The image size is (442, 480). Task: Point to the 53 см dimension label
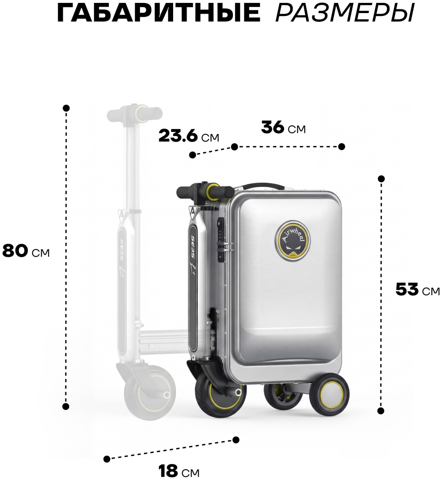coord(417,289)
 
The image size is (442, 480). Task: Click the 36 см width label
coord(283,127)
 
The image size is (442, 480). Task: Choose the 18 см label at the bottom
coord(178,471)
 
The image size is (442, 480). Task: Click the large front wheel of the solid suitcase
coord(220,396)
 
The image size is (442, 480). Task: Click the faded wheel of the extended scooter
coord(149,393)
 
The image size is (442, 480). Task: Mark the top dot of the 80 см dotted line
coord(66,108)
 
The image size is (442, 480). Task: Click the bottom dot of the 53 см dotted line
coord(381,411)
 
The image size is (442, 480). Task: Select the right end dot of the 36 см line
coord(342,147)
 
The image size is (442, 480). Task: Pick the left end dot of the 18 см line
coord(107,459)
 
